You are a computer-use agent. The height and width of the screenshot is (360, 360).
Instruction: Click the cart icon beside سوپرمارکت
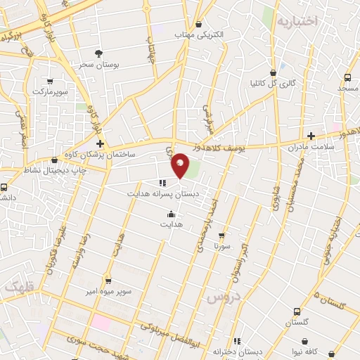click(x=49, y=81)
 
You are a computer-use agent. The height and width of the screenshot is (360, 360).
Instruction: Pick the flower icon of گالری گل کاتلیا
click(x=274, y=72)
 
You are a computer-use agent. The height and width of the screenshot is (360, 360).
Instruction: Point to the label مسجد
click(x=347, y=89)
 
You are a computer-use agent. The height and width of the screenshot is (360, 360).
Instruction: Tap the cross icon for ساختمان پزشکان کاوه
click(x=99, y=143)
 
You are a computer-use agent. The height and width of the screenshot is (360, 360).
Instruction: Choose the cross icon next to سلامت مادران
click(x=311, y=136)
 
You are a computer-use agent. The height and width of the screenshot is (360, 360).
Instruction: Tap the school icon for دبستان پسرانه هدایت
click(x=163, y=182)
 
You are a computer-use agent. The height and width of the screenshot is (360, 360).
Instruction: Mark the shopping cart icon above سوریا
click(x=222, y=236)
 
